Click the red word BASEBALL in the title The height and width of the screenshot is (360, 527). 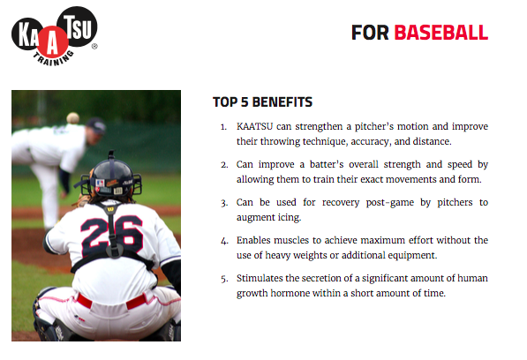pyautogui.click(x=440, y=33)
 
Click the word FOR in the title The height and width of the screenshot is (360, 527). pyautogui.click(x=370, y=33)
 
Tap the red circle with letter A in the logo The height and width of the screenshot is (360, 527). pyautogui.click(x=53, y=42)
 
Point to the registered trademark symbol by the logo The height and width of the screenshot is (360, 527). pyautogui.click(x=94, y=47)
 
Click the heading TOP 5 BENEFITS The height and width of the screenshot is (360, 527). pyautogui.click(x=262, y=102)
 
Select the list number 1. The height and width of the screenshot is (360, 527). pyautogui.click(x=223, y=127)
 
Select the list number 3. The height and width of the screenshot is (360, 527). pyautogui.click(x=224, y=203)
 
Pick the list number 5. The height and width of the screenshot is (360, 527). pyautogui.click(x=224, y=279)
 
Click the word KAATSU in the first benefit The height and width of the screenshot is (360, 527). pyautogui.click(x=254, y=126)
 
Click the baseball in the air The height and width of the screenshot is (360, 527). pyautogui.click(x=72, y=118)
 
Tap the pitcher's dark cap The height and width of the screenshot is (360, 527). pyautogui.click(x=96, y=125)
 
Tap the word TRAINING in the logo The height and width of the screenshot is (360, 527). pyautogui.click(x=54, y=59)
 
